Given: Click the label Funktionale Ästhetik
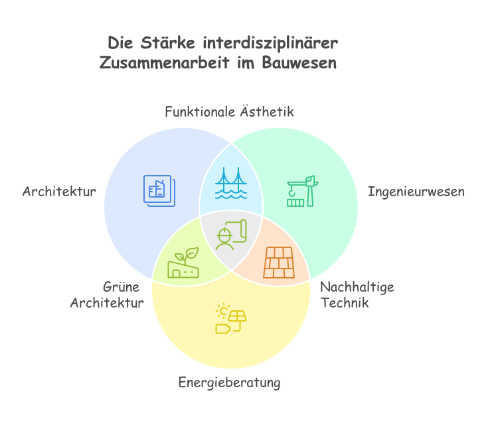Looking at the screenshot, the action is click(x=229, y=111).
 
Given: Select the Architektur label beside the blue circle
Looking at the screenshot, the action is click(x=59, y=192).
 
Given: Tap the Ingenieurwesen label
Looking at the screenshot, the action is click(x=416, y=192).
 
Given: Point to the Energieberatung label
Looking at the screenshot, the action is click(x=229, y=383).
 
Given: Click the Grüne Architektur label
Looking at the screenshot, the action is click(x=107, y=295).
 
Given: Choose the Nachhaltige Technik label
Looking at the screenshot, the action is click(x=357, y=295).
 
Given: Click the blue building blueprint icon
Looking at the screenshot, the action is click(x=159, y=191).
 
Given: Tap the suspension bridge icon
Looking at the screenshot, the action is click(x=231, y=183).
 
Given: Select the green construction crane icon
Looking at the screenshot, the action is click(x=303, y=191).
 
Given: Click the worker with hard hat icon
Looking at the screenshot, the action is click(x=232, y=235).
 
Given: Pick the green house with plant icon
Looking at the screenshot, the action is click(x=183, y=263).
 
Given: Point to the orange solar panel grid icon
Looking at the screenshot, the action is click(x=279, y=263).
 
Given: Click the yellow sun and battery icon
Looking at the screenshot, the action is click(x=231, y=318).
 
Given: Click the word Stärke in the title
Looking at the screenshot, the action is click(x=167, y=43).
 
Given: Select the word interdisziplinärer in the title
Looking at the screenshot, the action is click(x=270, y=43).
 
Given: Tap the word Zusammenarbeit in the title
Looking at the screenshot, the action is click(x=165, y=62).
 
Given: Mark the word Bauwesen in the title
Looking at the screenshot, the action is click(x=299, y=62).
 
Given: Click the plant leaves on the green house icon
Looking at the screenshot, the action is click(x=187, y=255).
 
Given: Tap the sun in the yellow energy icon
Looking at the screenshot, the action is click(x=223, y=311).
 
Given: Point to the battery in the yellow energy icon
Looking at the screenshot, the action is click(x=222, y=329).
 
